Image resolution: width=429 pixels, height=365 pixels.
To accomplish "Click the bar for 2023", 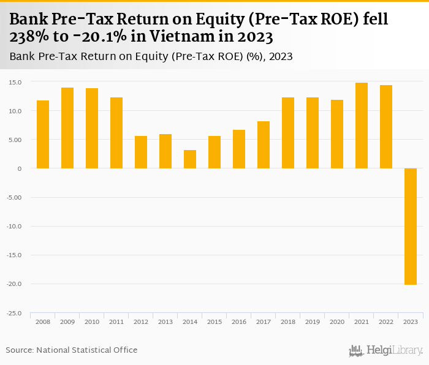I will (411, 227).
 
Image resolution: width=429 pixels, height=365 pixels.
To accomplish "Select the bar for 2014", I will (190, 159).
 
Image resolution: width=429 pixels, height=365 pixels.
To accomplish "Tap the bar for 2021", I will (362, 126).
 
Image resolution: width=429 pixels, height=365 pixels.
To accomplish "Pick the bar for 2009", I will (67, 128).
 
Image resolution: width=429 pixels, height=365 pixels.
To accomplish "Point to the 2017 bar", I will (264, 145).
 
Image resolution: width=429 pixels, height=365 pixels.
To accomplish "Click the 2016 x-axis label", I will (239, 322).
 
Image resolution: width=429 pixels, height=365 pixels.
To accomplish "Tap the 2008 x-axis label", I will (43, 322).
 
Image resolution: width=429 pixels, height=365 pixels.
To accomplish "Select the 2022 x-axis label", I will (386, 322).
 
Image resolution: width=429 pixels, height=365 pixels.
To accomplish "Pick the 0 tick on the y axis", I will (20, 168).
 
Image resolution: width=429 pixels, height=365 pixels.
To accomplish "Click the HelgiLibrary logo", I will (385, 350).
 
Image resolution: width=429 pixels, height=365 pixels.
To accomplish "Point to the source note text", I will (72, 350).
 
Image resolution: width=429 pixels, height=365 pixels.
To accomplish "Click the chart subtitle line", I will (151, 56).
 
